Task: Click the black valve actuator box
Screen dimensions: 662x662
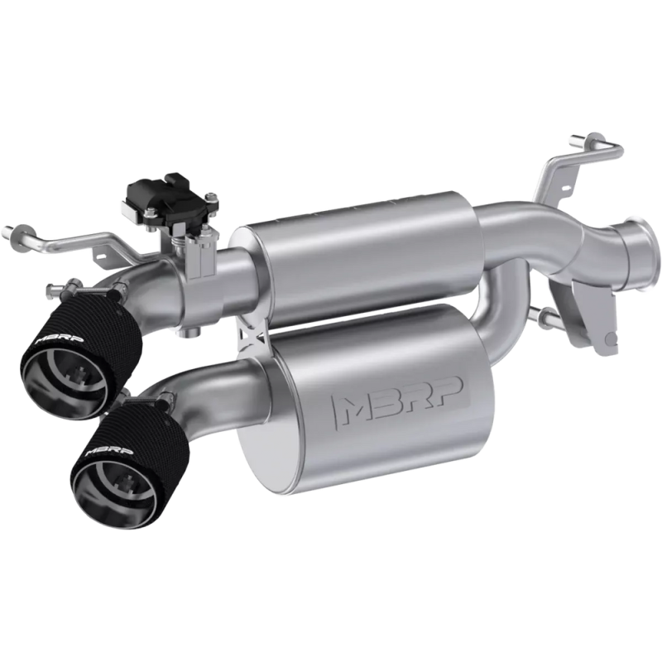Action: coord(170,199)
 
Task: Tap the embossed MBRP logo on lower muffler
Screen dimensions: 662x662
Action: coord(398,401)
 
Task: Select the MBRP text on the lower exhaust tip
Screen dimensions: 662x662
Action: coord(109,451)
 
